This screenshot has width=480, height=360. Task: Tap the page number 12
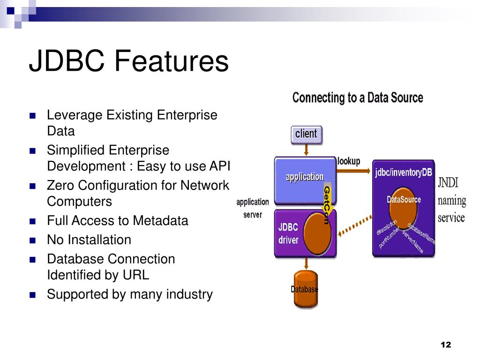(x=445, y=345)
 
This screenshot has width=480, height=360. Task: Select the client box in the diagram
(x=306, y=134)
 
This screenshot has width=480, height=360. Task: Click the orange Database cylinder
(x=305, y=289)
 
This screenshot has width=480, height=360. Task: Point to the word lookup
(x=349, y=161)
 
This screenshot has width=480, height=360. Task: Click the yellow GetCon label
(x=327, y=204)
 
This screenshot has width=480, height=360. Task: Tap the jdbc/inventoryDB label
(x=403, y=172)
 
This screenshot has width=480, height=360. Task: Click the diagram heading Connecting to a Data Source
(x=358, y=98)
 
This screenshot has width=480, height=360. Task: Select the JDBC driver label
(x=288, y=233)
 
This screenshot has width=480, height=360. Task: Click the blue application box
(x=304, y=177)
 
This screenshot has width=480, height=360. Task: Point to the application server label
(x=253, y=208)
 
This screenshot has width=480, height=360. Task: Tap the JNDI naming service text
(x=452, y=200)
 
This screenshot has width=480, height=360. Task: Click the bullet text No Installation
(x=89, y=240)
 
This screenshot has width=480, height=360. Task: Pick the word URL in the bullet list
(x=136, y=275)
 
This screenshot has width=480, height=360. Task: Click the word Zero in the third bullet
(x=60, y=186)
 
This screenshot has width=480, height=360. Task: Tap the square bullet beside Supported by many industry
(x=33, y=295)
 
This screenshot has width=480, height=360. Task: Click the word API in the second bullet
(x=220, y=166)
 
